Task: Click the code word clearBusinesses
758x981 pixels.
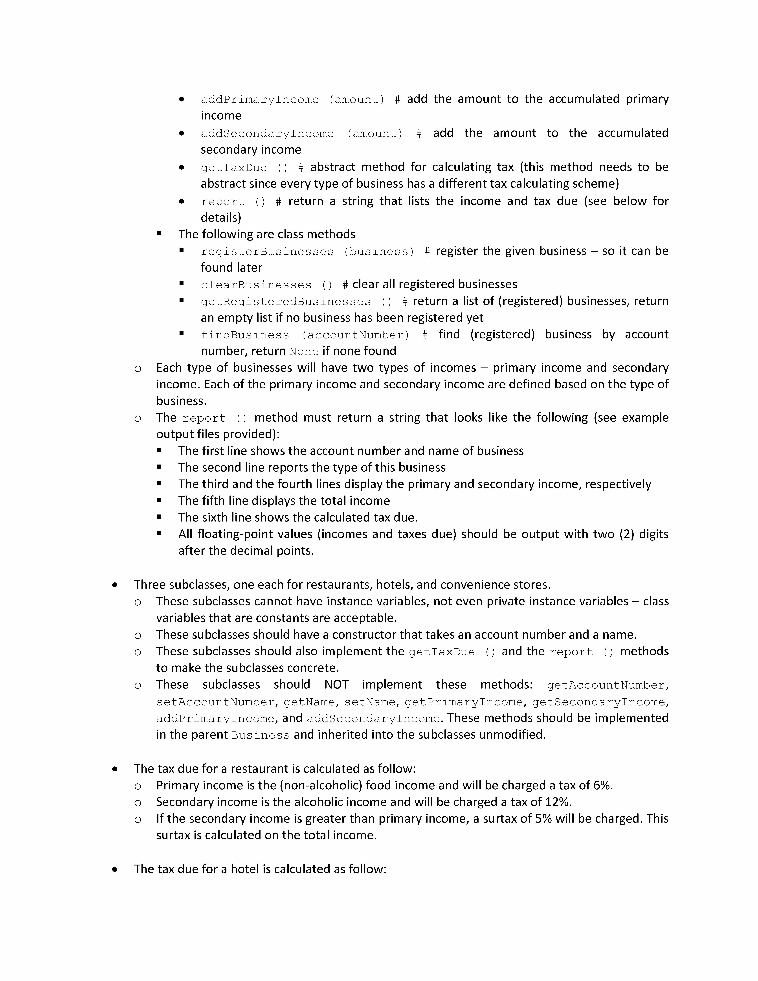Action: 256,285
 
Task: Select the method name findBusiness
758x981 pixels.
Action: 245,335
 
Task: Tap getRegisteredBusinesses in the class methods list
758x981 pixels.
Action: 286,301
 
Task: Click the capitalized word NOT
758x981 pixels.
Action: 336,685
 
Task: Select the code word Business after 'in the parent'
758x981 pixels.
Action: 261,735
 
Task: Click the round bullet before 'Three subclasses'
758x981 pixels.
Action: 115,585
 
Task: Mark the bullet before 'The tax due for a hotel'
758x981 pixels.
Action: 115,869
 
